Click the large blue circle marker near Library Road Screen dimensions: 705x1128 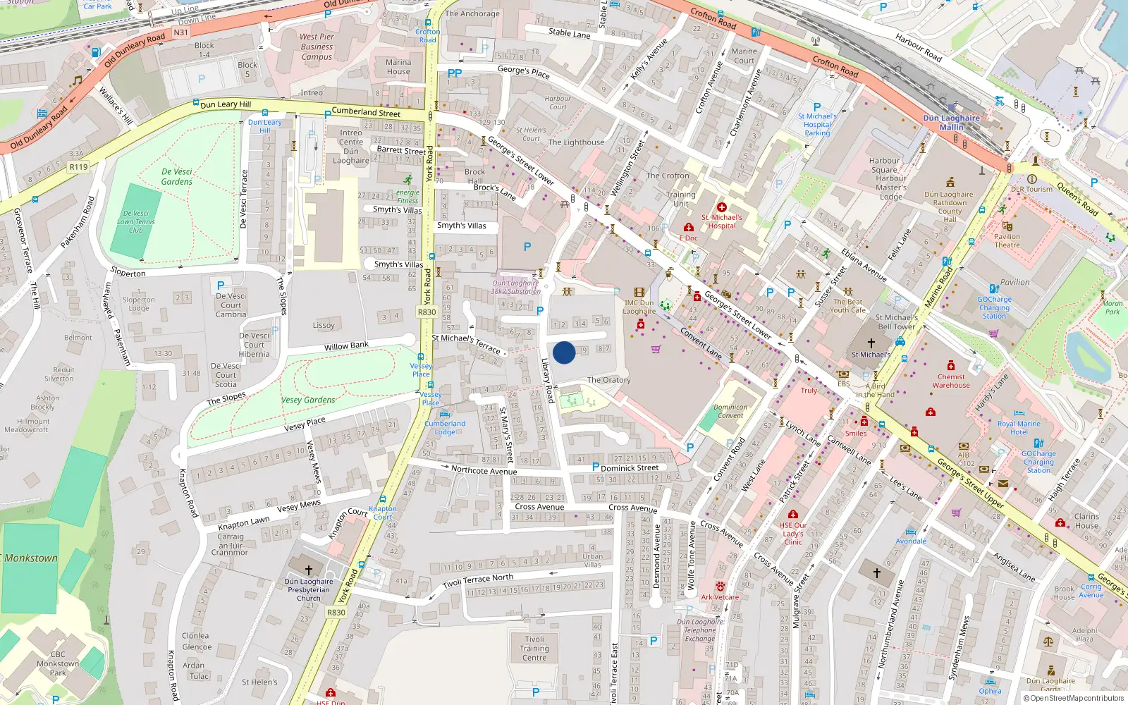point(564,352)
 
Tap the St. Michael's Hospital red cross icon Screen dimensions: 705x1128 point(721,207)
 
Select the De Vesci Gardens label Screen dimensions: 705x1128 point(176,176)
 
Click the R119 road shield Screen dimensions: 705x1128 point(78,167)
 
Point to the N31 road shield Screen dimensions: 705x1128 point(181,32)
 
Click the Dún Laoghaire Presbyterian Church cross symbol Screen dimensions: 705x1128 point(308,570)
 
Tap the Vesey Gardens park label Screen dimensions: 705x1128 point(308,400)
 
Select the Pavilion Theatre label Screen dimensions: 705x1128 point(1007,241)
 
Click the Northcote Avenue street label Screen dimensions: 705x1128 point(484,470)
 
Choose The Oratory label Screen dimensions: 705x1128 point(608,380)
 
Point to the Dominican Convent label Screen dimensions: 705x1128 point(730,411)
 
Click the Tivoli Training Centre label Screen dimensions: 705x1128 point(534,649)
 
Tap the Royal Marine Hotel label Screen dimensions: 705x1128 point(1019,428)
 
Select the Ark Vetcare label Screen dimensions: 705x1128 point(720,597)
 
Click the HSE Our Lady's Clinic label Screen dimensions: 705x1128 point(793,534)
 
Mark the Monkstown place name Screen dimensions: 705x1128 point(31,558)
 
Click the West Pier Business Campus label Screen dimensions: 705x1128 point(317,47)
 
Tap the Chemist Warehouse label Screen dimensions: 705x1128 point(951,381)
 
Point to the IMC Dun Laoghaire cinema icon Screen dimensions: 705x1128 point(639,292)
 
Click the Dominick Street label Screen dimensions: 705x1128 point(630,467)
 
